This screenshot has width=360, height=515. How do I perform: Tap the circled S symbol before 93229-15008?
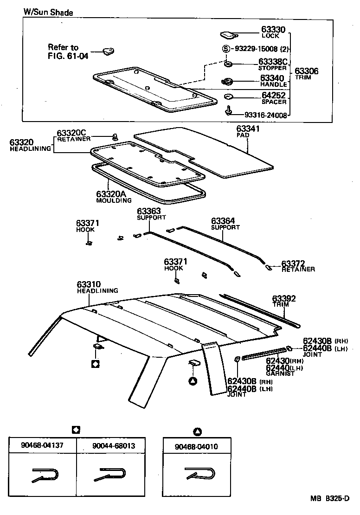click(226, 49)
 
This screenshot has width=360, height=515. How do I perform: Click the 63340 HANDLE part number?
click(272, 78)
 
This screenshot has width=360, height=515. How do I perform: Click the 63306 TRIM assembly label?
click(306, 71)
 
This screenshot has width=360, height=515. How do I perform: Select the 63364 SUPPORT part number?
click(223, 221)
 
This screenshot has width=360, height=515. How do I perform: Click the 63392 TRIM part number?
click(283, 298)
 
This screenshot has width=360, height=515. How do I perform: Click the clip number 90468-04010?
click(196, 446)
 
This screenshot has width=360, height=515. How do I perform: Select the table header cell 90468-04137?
click(42, 445)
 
